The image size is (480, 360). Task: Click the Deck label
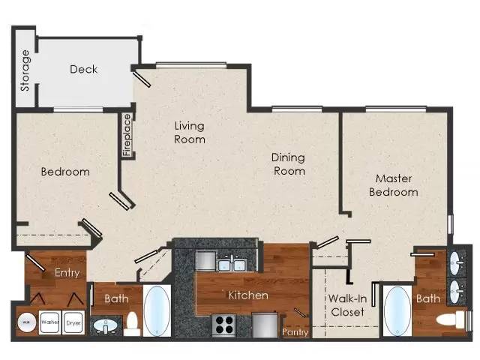click(x=83, y=69)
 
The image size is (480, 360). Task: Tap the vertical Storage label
click(x=25, y=70)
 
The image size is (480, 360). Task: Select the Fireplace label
click(x=127, y=135)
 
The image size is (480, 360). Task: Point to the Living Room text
click(x=190, y=133)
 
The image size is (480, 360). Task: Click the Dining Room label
click(x=289, y=164)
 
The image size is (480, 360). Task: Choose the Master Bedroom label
click(x=394, y=185)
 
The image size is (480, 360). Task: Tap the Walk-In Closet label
click(x=348, y=305)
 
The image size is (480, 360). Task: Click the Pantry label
click(x=295, y=332)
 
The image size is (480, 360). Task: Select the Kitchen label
click(x=248, y=295)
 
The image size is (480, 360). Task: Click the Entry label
click(x=67, y=273)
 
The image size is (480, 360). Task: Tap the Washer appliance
click(x=50, y=322)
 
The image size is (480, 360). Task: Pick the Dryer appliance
click(x=73, y=322)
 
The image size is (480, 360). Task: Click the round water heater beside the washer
click(x=27, y=322)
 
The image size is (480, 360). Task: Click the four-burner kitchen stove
click(x=224, y=325)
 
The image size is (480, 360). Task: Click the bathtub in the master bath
click(x=397, y=311)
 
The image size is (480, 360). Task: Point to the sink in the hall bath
click(x=106, y=326)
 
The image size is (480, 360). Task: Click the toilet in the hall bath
click(x=132, y=324)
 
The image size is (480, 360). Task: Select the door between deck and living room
click(x=142, y=79)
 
